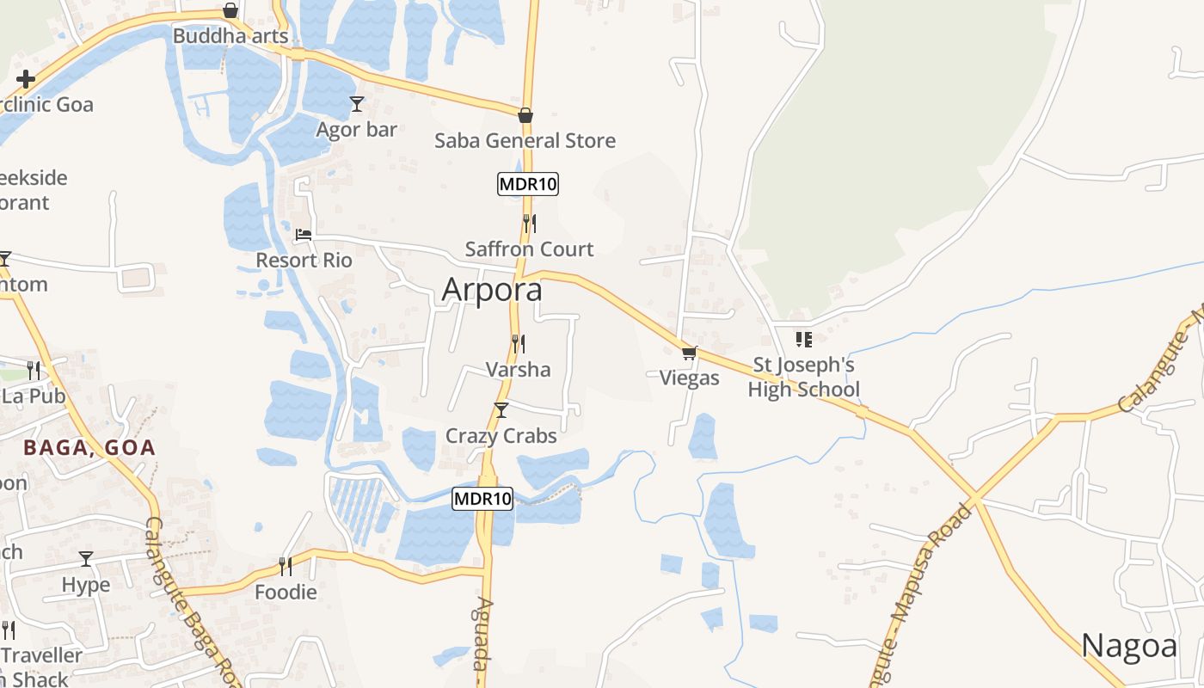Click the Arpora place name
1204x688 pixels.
click(x=492, y=290)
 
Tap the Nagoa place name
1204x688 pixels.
click(x=1128, y=645)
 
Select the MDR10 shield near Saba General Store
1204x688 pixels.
click(x=528, y=184)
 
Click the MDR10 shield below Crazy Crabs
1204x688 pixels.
click(x=482, y=499)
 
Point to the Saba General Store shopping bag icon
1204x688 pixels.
click(x=525, y=115)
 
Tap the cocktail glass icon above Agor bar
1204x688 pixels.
click(x=357, y=104)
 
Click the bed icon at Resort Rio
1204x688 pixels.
click(x=304, y=234)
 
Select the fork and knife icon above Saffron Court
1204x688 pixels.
click(x=530, y=224)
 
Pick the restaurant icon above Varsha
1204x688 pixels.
click(x=518, y=344)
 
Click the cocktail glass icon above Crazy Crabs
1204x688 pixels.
click(x=501, y=410)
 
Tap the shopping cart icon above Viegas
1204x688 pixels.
click(x=689, y=353)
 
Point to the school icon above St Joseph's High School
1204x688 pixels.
click(x=804, y=340)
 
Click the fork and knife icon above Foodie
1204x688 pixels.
click(x=286, y=566)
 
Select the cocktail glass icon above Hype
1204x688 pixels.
click(x=86, y=559)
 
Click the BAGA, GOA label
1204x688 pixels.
click(x=89, y=447)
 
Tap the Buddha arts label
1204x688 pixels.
click(x=230, y=36)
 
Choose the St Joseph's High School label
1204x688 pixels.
click(x=803, y=378)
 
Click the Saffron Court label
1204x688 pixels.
click(x=529, y=249)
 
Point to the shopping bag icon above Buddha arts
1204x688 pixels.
click(x=230, y=10)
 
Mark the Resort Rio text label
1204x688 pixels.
click(x=304, y=260)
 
